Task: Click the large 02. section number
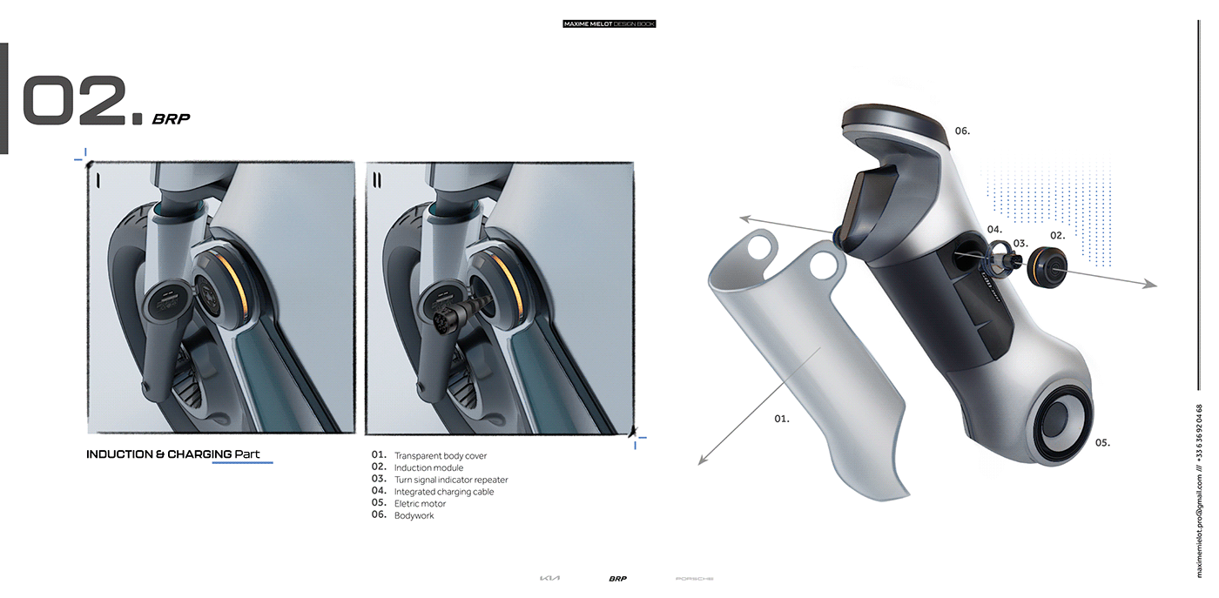81,102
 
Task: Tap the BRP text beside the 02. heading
171,119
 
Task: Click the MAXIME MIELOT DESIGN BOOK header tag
609,24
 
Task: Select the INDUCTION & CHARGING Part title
172,454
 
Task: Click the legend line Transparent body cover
440,456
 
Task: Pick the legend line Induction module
428,468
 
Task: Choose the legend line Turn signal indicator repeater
450,480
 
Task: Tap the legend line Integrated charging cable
443,492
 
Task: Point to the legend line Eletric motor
420,504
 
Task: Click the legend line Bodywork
414,516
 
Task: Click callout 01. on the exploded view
782,420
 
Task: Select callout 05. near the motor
1102,443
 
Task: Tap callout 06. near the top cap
962,131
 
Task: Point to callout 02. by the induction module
1057,236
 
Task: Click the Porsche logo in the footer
694,579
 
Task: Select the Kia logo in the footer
550,579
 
